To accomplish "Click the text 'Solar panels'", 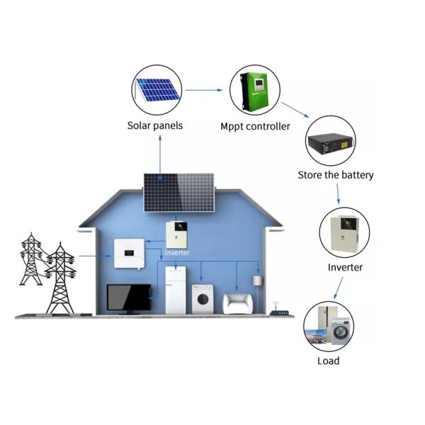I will point(155,125).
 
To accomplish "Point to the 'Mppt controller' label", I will point(255,126).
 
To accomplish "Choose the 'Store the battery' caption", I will point(336,174).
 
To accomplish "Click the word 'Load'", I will point(329,361).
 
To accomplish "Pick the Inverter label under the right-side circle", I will point(345,267).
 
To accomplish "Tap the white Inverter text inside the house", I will point(177,252).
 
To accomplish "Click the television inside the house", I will point(128,297).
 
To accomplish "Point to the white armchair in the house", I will point(237,303).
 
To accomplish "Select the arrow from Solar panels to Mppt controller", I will point(205,91).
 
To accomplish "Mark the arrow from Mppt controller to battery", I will point(297,110).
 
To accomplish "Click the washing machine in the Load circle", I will point(341,331).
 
